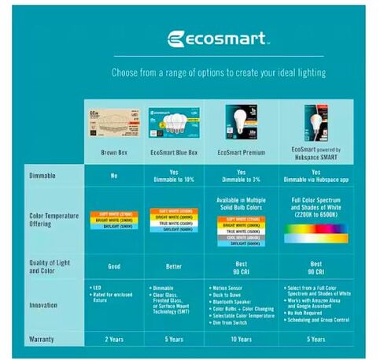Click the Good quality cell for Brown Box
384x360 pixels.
click(x=114, y=266)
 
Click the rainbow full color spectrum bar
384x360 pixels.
click(x=316, y=232)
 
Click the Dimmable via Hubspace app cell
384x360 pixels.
click(x=316, y=176)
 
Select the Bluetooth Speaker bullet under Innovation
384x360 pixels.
click(x=233, y=300)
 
